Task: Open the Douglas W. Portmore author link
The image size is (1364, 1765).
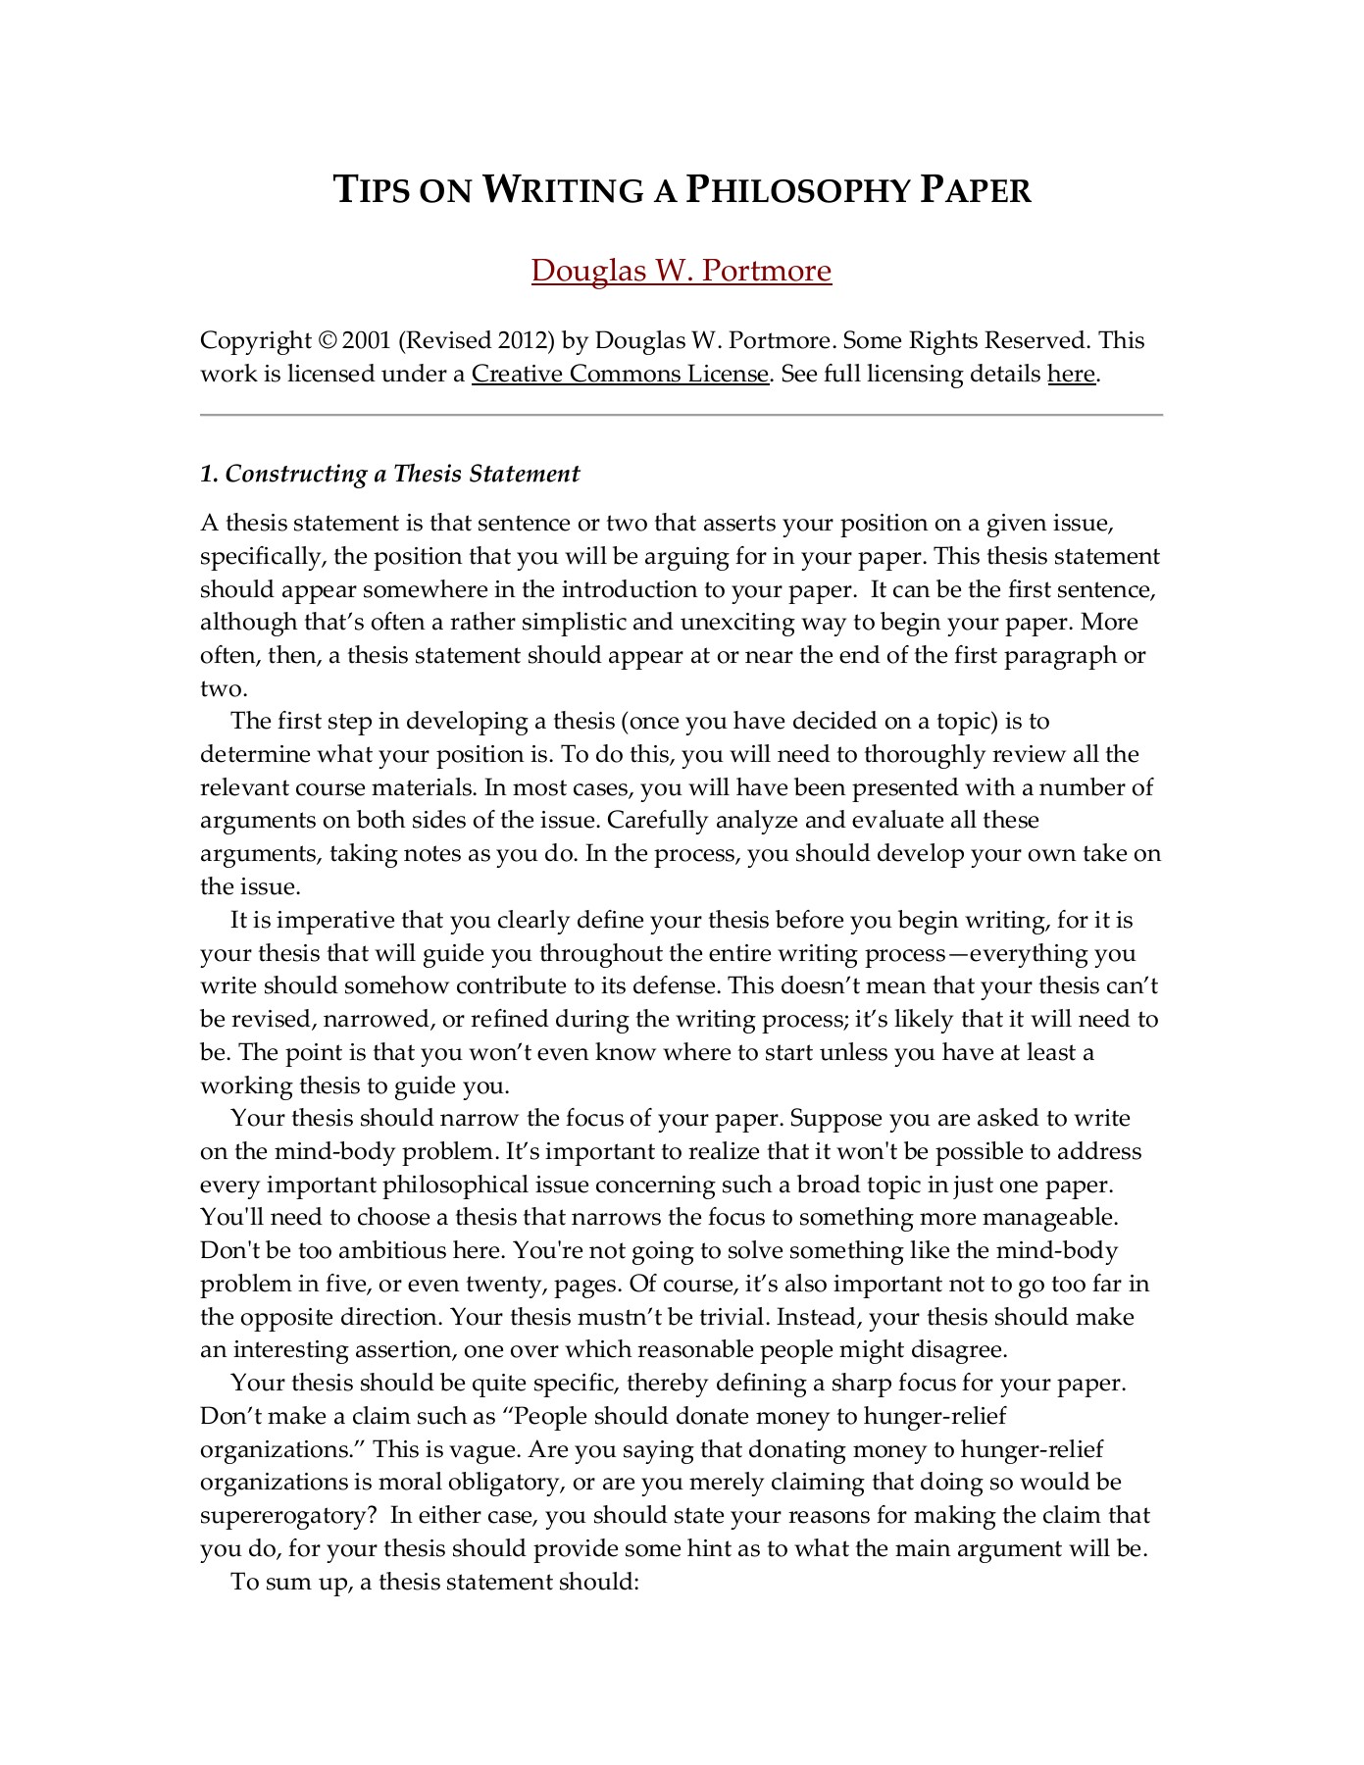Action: (x=682, y=270)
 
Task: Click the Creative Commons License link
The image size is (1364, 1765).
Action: (x=620, y=374)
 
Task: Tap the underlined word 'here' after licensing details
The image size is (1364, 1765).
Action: (x=1071, y=374)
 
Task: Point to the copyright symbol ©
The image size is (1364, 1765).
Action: (x=328, y=341)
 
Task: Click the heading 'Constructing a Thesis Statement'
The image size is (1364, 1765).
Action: (x=402, y=474)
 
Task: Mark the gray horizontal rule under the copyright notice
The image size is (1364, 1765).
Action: (x=682, y=416)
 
